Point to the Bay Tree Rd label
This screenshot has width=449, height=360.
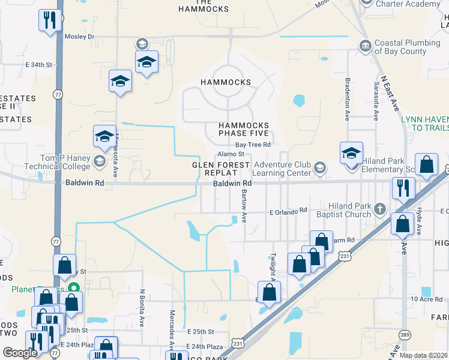click(253, 145)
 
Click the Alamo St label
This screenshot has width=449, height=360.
click(230, 154)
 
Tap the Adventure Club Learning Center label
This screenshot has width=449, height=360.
click(282, 169)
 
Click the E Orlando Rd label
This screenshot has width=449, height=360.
click(288, 211)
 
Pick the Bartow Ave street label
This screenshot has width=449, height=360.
click(244, 206)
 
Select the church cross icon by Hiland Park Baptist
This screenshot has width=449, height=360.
click(379, 209)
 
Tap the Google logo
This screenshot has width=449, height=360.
click(20, 353)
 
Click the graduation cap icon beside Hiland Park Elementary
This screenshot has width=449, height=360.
click(351, 154)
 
